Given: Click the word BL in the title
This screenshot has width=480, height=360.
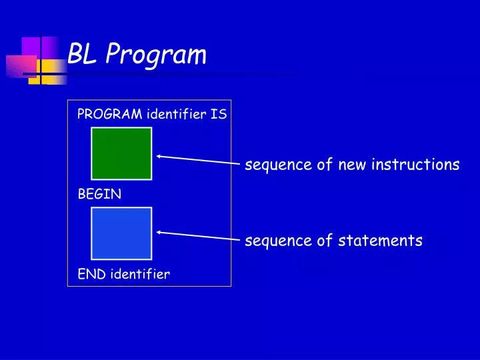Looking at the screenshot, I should (83, 55).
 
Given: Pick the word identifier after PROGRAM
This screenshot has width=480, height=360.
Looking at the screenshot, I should (177, 114).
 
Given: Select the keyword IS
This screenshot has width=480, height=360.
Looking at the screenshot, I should (219, 114).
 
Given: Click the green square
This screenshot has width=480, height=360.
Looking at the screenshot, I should (121, 154).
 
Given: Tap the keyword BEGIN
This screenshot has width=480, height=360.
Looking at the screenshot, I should (99, 195).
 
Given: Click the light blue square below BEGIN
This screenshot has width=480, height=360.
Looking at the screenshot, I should (121, 233).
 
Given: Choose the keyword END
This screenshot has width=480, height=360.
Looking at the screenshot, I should (92, 274).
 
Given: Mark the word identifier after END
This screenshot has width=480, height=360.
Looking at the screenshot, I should (140, 274).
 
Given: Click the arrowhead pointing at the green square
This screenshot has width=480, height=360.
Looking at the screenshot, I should (159, 157).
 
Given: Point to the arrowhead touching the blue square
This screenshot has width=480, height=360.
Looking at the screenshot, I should (159, 232).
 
